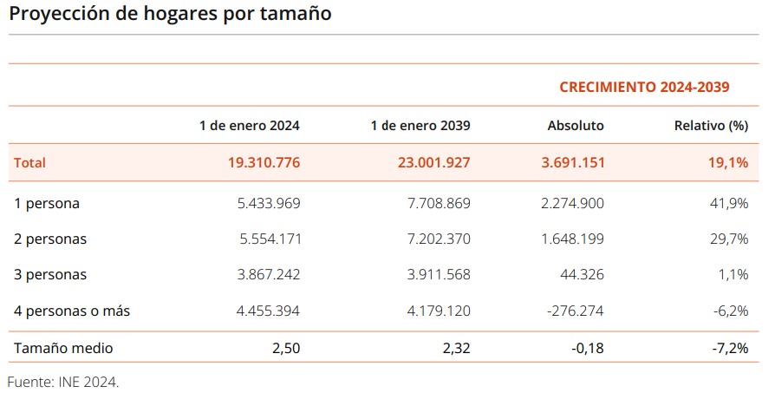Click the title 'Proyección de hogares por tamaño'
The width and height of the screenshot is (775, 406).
(170, 15)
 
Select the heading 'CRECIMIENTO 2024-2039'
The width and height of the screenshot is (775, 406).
(644, 87)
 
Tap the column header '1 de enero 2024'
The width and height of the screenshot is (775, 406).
(250, 126)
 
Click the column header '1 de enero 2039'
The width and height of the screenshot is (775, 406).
(420, 126)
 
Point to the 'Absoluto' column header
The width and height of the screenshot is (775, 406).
(576, 126)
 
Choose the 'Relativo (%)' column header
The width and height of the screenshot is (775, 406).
(711, 126)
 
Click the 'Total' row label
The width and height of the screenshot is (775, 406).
(30, 162)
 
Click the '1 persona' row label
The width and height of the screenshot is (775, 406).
(47, 204)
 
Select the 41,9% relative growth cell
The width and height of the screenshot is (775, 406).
(730, 204)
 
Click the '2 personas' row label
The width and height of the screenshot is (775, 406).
(50, 239)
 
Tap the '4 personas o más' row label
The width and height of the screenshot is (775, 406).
(72, 311)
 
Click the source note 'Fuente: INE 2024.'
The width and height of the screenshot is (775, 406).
(62, 382)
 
